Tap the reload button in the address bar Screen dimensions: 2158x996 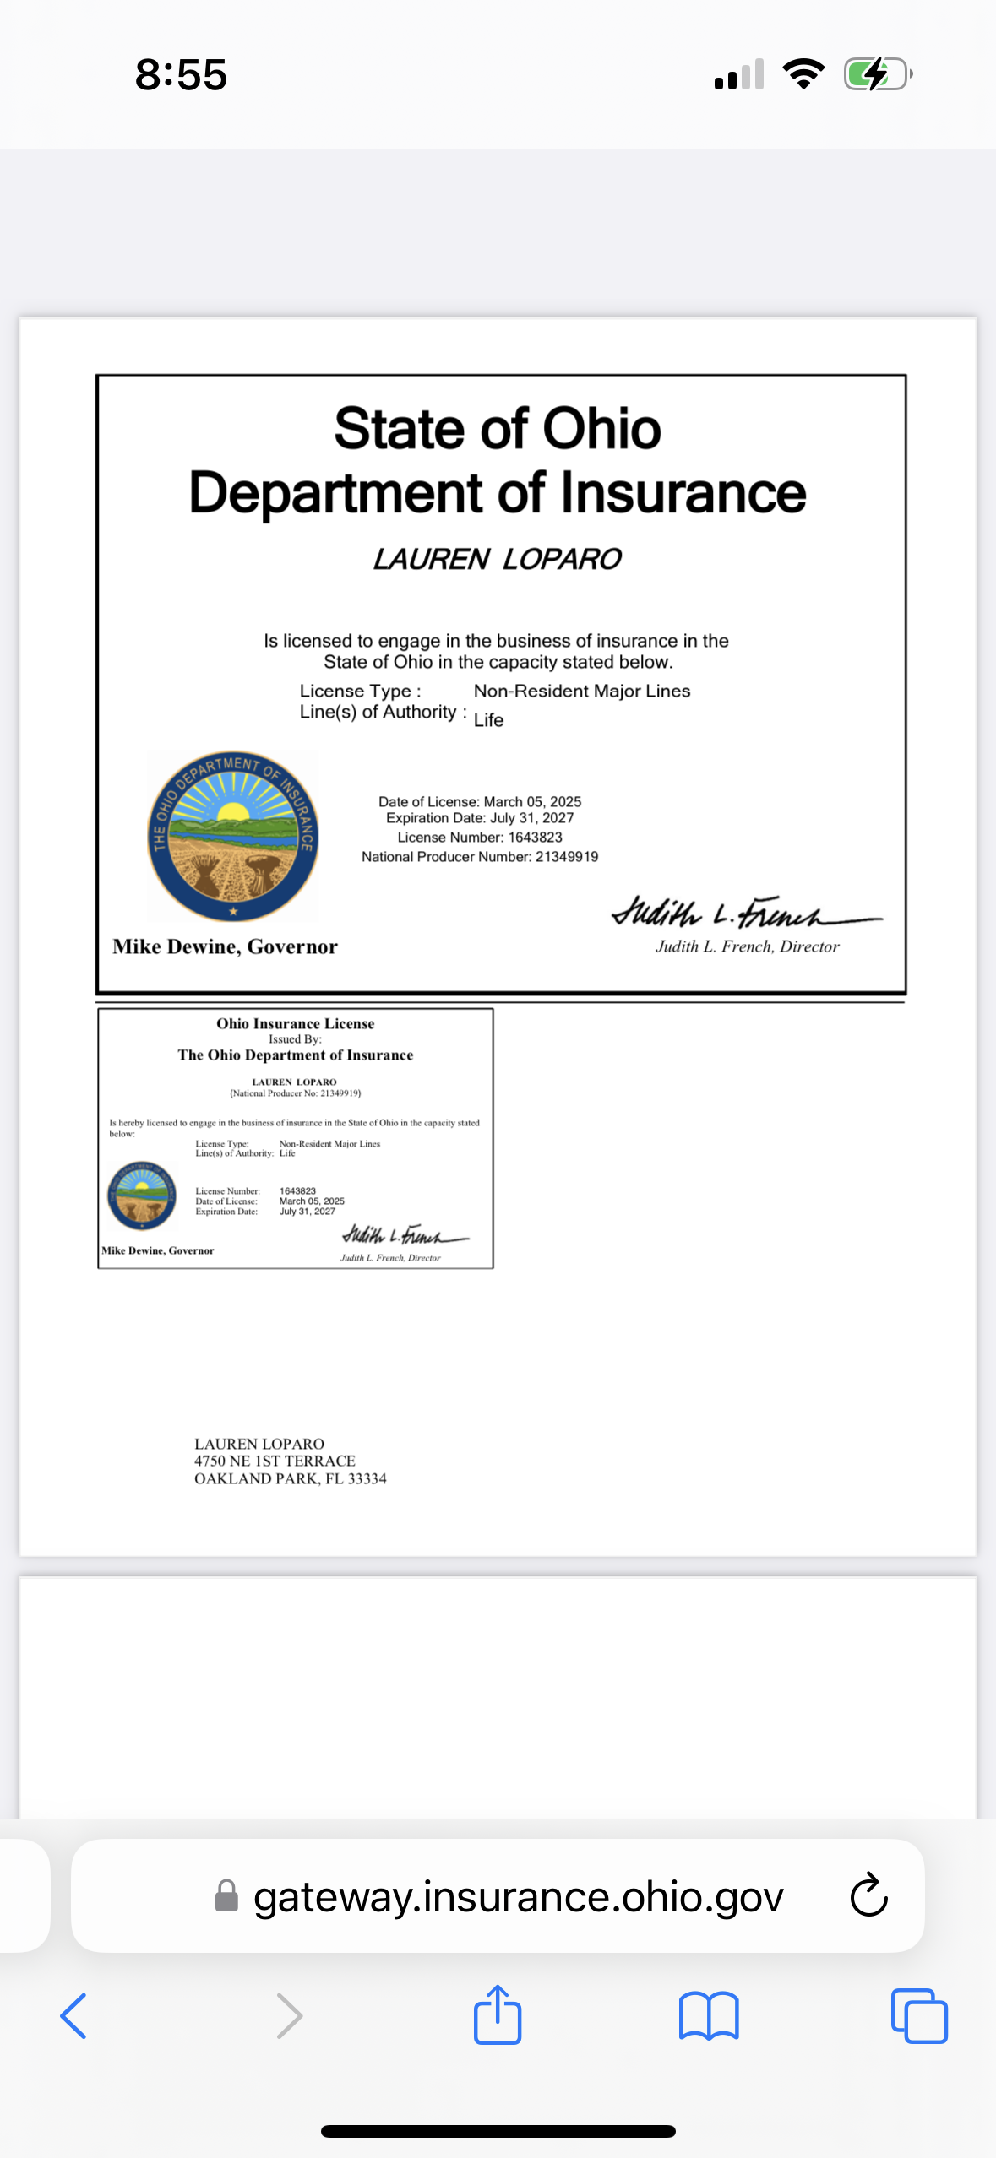coord(868,1895)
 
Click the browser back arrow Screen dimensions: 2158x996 coord(73,2016)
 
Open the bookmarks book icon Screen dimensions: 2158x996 coord(709,2016)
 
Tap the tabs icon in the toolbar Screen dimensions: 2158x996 coord(919,2016)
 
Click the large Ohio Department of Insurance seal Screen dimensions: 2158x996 coord(233,835)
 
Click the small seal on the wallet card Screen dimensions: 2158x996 coord(142,1196)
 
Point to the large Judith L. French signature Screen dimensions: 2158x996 coord(743,913)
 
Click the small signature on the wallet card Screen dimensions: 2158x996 coord(405,1235)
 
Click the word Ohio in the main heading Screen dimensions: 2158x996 coord(601,429)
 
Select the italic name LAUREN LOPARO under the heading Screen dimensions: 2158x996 coord(498,559)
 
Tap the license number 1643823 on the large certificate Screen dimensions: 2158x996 coord(536,838)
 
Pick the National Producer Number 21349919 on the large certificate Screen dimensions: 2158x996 coord(567,857)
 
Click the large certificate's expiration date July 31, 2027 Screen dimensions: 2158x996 coord(531,818)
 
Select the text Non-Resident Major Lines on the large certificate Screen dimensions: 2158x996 coord(582,691)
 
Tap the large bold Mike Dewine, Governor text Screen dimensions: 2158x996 coord(225,946)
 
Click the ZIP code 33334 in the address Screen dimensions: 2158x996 coord(367,1479)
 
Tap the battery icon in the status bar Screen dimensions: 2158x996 coord(878,74)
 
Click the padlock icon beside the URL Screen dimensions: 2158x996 coord(226,1896)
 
